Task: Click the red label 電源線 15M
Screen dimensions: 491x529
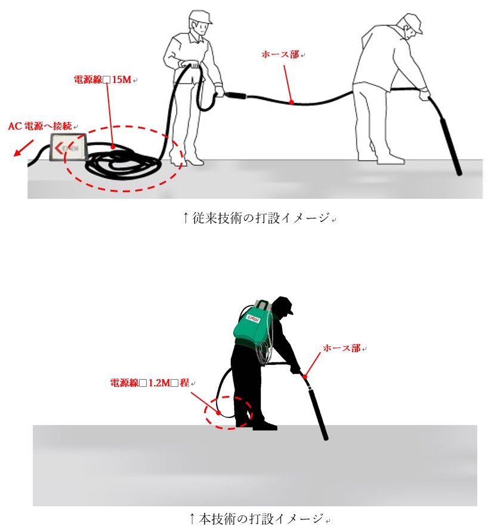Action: tap(102, 79)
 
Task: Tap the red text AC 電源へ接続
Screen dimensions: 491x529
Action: tap(40, 126)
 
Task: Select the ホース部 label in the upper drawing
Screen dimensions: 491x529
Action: tap(280, 54)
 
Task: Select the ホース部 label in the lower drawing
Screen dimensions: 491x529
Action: tap(342, 348)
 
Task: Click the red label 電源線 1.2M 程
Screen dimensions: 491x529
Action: tap(149, 383)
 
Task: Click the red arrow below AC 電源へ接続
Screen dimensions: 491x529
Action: tap(24, 148)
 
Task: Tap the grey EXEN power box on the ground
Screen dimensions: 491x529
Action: tap(69, 147)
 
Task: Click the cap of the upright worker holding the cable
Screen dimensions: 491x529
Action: tap(200, 17)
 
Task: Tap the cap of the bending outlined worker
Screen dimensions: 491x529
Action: tap(413, 22)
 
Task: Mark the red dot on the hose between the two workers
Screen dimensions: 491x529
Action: tap(292, 102)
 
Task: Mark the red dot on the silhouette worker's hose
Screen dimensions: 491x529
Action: tap(305, 376)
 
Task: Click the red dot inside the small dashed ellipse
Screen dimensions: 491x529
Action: tap(218, 413)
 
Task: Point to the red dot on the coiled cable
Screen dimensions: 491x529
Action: tap(113, 147)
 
